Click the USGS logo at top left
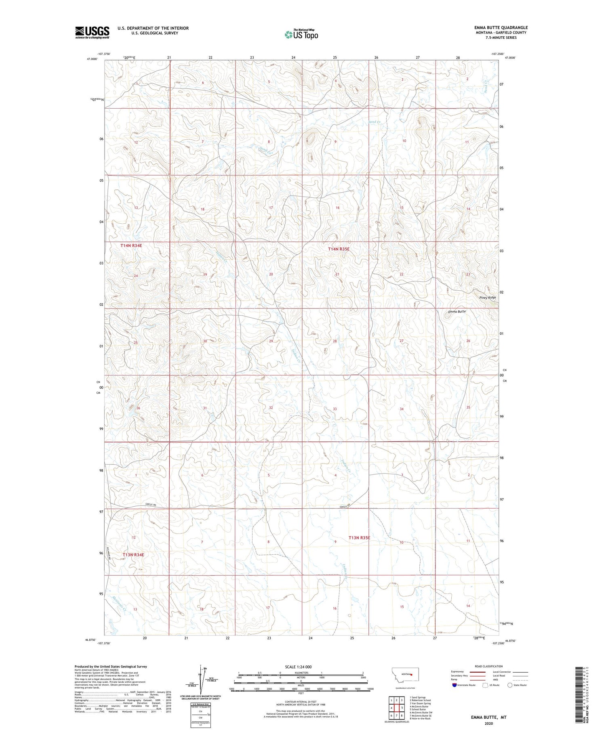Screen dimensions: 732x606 [x=92, y=32]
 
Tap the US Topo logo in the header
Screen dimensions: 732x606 [x=301, y=35]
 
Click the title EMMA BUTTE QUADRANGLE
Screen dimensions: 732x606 [x=501, y=27]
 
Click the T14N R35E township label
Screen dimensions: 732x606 [x=339, y=249]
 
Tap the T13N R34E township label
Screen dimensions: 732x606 [x=133, y=555]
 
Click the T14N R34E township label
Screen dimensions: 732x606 [x=131, y=245]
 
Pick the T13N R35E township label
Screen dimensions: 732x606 [x=359, y=537]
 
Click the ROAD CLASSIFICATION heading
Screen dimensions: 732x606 [x=489, y=666]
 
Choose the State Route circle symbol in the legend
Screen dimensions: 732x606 [x=510, y=685]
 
